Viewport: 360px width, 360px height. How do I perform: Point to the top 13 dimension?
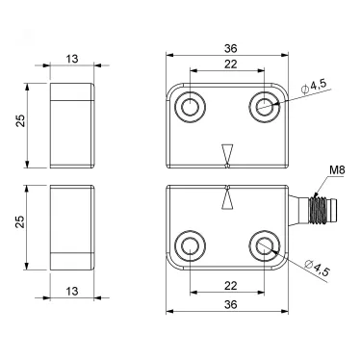tap(71, 57)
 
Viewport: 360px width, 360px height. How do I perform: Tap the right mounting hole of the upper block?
tap(263, 107)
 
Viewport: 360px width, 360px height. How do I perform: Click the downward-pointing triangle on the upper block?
tap(227, 155)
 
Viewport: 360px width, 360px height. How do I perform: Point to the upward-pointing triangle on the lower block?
tap(227, 199)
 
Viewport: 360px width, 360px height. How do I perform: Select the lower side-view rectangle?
tap(71, 223)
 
